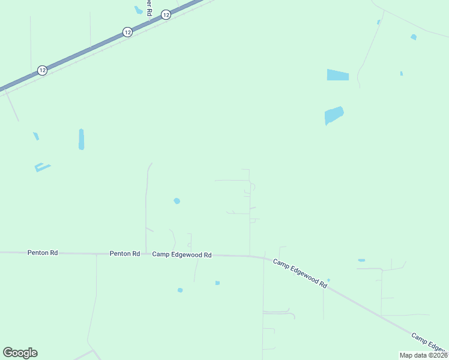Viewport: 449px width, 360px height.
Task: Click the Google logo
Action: pos(20,353)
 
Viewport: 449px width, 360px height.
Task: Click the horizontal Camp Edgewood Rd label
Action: pos(182,254)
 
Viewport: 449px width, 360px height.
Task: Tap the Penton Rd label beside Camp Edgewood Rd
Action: pos(125,254)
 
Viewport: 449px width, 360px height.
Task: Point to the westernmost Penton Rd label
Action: pos(43,253)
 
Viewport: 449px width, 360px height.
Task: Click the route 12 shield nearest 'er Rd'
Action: pos(166,14)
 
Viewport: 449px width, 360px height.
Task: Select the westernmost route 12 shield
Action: pos(42,70)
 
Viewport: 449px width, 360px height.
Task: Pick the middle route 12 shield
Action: pos(127,32)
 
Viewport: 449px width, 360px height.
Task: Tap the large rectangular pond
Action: pos(338,75)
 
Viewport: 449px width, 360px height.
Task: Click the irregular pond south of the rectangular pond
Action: pos(334,115)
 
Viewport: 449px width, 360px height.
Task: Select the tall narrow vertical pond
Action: pos(81,139)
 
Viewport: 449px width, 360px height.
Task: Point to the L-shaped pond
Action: pos(42,167)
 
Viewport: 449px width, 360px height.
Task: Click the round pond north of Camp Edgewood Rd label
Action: pos(176,201)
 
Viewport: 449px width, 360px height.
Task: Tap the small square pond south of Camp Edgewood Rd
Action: pos(217,283)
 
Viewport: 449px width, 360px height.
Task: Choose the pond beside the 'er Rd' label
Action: pos(139,10)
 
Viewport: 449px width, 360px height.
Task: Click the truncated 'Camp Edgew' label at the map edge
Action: pos(430,342)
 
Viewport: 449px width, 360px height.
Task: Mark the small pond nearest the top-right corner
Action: pos(414,37)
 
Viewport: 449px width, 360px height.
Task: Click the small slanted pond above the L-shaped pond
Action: pos(36,136)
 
